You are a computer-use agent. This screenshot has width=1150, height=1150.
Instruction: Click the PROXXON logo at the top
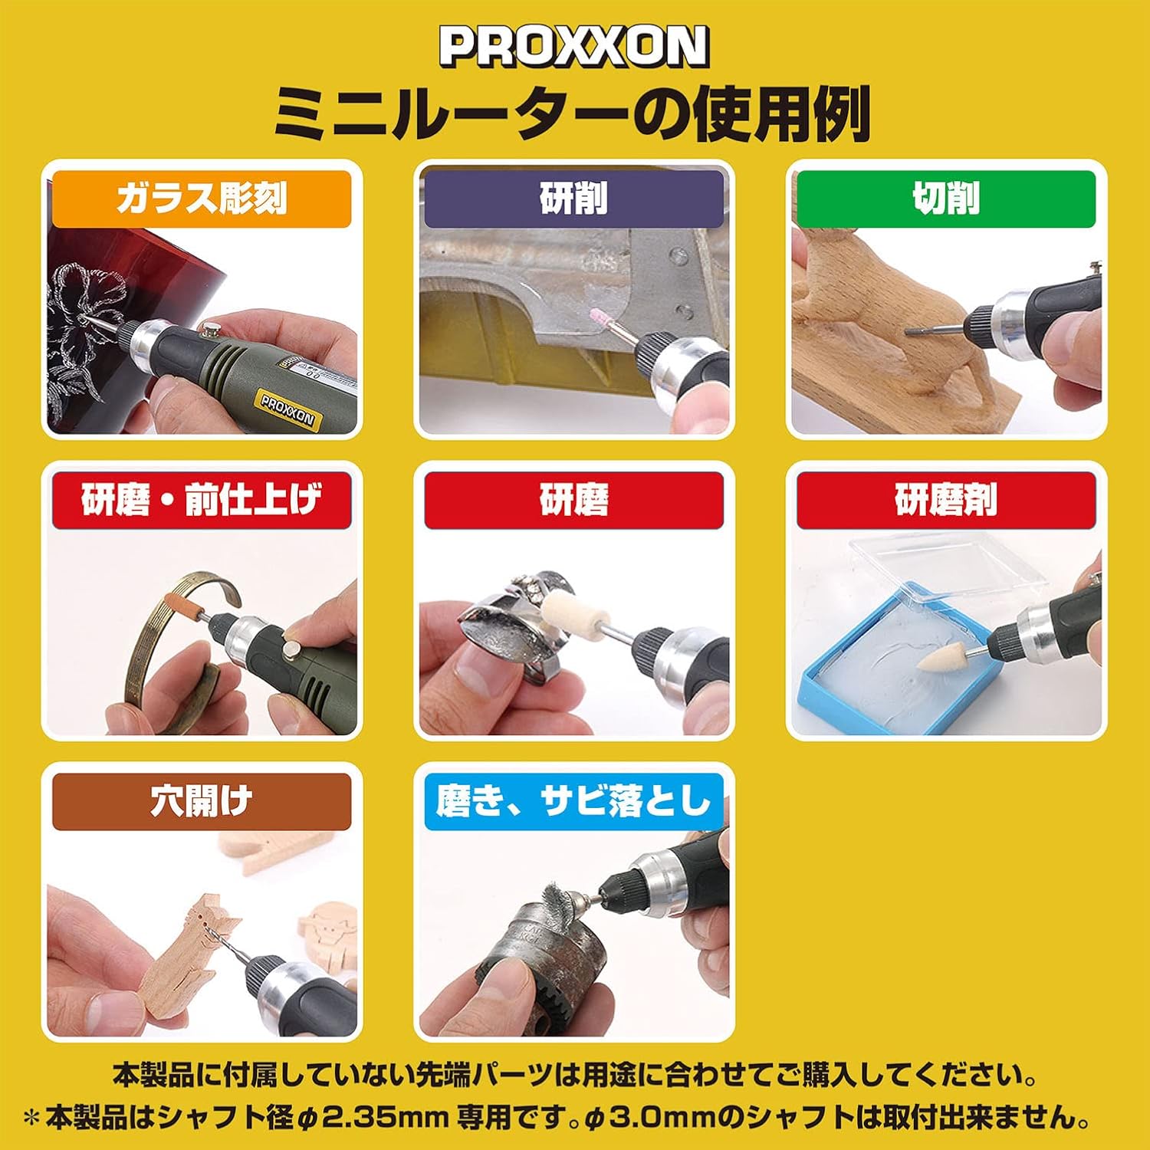pos(573,48)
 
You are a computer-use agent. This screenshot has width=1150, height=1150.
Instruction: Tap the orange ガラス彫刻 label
pos(201,199)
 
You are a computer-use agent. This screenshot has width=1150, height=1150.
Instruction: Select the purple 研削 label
pos(573,199)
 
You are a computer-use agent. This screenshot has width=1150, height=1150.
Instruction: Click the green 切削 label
pos(946,199)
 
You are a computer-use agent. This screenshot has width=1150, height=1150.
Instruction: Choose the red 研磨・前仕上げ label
pos(201,501)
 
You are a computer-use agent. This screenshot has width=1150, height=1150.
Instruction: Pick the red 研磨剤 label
pos(946,501)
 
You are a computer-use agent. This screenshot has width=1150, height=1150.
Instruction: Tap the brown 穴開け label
pos(201,802)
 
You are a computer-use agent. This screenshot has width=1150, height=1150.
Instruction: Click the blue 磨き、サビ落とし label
pos(573,802)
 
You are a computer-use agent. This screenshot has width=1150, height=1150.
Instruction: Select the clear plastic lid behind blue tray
pos(958,567)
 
